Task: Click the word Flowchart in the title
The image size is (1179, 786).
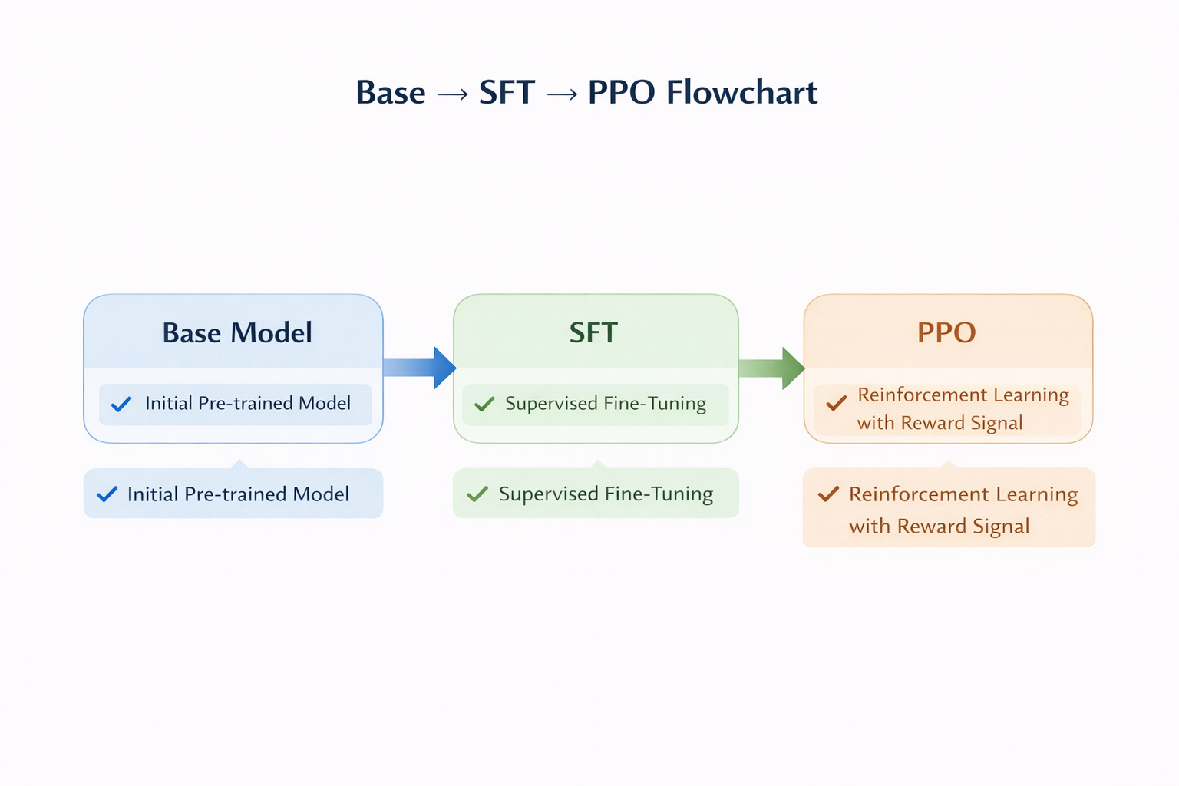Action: click(741, 93)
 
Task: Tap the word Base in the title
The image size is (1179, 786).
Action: click(391, 93)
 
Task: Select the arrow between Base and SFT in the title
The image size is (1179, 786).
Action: click(452, 94)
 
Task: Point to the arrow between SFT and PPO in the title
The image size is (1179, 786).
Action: click(562, 94)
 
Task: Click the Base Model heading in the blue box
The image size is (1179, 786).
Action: click(237, 332)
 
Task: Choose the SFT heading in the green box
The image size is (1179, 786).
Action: click(593, 332)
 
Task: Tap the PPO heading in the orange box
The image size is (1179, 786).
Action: click(946, 332)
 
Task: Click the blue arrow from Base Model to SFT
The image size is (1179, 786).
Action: click(419, 368)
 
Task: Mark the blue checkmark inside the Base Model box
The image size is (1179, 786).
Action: click(121, 404)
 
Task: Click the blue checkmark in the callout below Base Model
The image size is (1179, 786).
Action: click(107, 494)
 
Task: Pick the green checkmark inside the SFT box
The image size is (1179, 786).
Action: click(484, 404)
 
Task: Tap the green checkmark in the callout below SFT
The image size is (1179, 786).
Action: click(477, 494)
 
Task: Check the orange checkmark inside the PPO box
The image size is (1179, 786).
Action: click(836, 402)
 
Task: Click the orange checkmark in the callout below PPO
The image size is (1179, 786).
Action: click(828, 494)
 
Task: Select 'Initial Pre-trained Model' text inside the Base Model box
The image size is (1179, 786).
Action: click(248, 403)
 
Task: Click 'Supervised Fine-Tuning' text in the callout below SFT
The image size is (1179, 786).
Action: click(606, 494)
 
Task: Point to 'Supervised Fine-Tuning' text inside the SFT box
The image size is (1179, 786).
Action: click(606, 403)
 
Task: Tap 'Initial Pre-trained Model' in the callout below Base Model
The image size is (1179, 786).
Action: click(238, 494)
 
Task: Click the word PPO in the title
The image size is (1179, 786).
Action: click(621, 93)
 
